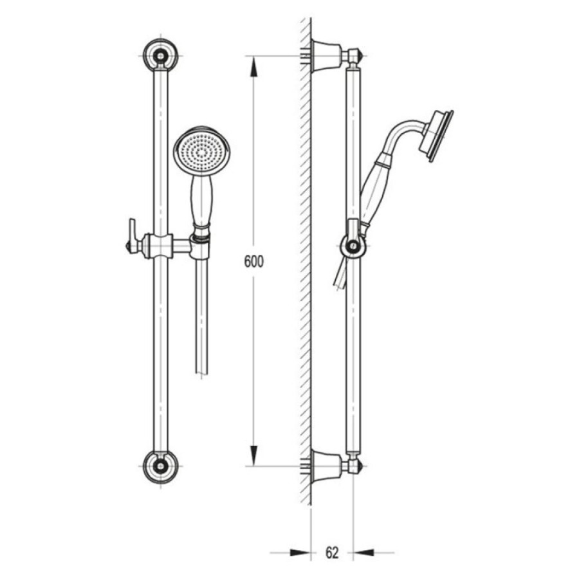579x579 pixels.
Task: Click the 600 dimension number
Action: coord(254,261)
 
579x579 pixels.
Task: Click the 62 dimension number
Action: coord(332,553)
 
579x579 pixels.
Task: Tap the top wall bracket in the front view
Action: coord(161,55)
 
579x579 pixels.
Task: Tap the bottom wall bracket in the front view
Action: coord(161,466)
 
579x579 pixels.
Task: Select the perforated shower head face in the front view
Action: coord(201,151)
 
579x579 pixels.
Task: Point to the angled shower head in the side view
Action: coord(436,136)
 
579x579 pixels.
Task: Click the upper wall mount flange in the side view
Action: coord(326,55)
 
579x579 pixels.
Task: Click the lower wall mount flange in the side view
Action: coord(326,466)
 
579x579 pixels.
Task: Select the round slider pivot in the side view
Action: coord(354,246)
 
